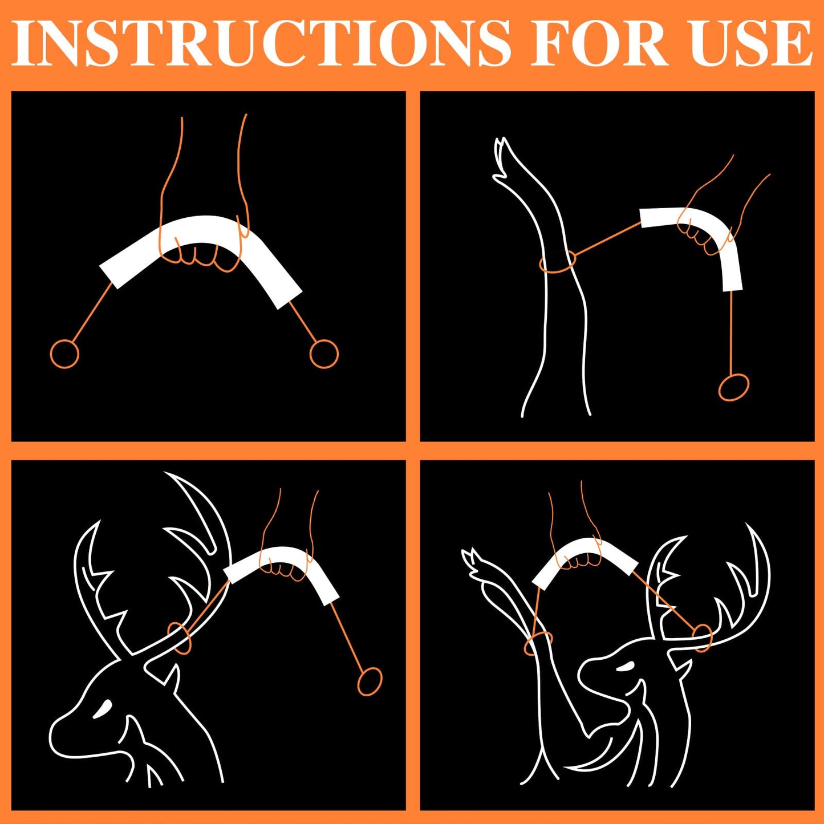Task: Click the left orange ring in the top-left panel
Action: click(64, 354)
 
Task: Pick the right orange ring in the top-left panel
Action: click(323, 354)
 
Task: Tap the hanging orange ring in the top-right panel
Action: click(733, 388)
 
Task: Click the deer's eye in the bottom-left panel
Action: click(104, 708)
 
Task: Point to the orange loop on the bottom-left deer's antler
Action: click(179, 638)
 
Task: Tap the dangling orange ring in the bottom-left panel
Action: click(370, 681)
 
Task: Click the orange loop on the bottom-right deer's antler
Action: click(702, 638)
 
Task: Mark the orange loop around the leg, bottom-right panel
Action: click(538, 643)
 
